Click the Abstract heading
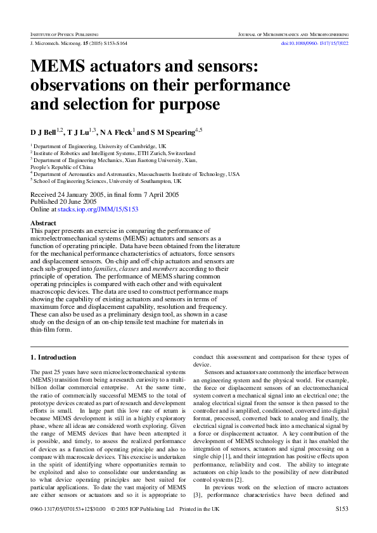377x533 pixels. pos(44,223)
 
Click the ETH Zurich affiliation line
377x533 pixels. pos(114,153)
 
